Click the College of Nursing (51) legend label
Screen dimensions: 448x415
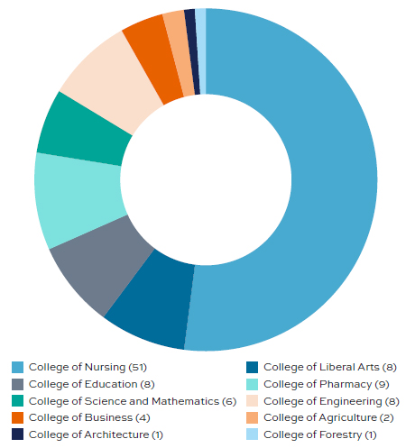(x=88, y=367)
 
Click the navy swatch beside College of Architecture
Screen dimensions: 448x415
(x=17, y=435)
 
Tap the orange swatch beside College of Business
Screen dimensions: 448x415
(x=17, y=418)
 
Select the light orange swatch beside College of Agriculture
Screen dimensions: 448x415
(x=253, y=418)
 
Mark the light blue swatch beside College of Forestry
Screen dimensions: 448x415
(x=253, y=435)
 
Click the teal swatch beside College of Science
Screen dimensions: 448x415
(x=17, y=401)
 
